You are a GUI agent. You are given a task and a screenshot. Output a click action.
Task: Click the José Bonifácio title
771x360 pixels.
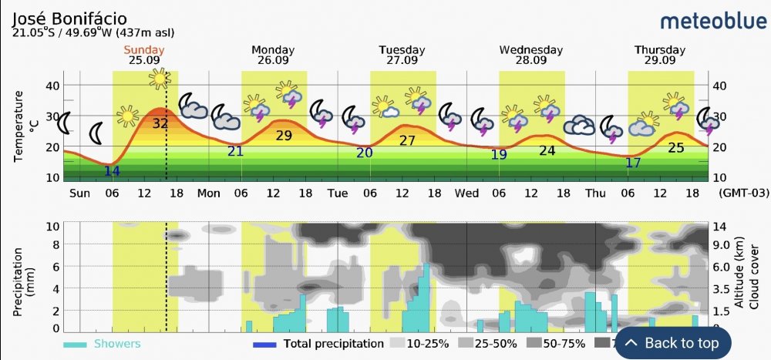coord(70,17)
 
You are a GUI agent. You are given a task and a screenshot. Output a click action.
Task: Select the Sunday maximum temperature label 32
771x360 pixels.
coord(160,123)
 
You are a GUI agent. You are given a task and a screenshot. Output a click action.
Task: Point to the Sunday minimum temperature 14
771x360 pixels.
coord(112,171)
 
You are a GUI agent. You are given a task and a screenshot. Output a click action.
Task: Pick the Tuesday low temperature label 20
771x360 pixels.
coord(365,153)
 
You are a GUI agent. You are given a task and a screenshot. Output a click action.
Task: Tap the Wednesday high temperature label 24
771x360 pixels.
coord(547,150)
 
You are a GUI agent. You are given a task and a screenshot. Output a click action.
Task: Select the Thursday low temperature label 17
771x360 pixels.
coord(633,163)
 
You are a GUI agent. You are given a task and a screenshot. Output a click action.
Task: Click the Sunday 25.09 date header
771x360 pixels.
coord(146,56)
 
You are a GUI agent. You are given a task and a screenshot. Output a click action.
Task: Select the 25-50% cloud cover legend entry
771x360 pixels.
coord(486,344)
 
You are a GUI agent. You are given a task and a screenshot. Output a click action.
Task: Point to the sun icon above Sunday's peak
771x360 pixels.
coord(160,79)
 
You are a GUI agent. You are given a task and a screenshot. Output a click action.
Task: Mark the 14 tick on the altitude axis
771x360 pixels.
coord(719,226)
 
